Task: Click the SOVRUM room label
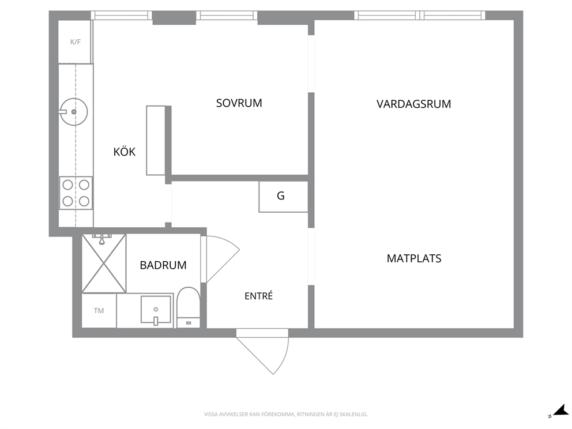pyautogui.click(x=239, y=103)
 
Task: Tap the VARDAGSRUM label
pyautogui.click(x=413, y=104)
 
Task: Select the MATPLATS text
pyautogui.click(x=413, y=259)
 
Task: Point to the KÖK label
pyautogui.click(x=125, y=152)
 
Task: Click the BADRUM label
pyautogui.click(x=163, y=265)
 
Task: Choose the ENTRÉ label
pyautogui.click(x=259, y=296)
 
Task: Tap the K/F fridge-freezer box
pyautogui.click(x=75, y=42)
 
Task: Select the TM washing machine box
pyautogui.click(x=99, y=310)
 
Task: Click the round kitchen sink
pyautogui.click(x=74, y=112)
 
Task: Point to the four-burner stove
pyautogui.click(x=76, y=193)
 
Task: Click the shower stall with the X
pyautogui.click(x=104, y=264)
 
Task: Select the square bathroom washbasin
pyautogui.click(x=156, y=309)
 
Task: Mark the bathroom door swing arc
pyautogui.click(x=223, y=259)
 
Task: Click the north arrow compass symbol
pyautogui.click(x=559, y=412)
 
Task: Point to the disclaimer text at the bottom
pyautogui.click(x=285, y=415)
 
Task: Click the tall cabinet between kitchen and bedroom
pyautogui.click(x=156, y=141)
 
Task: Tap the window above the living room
pyautogui.click(x=420, y=16)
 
